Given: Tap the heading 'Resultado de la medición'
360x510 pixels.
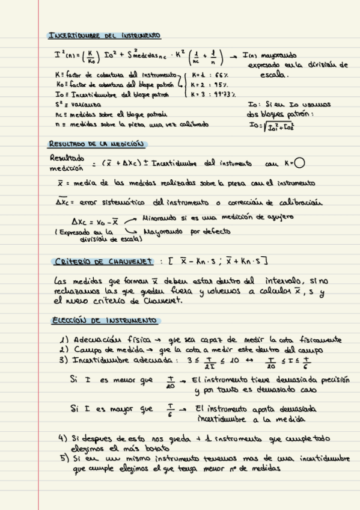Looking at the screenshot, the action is click(x=97, y=144).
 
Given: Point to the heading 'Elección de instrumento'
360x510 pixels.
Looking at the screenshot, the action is click(x=96, y=320).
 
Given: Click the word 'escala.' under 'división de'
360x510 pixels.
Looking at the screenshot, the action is click(x=275, y=75).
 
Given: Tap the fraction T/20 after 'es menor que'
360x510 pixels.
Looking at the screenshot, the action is click(x=170, y=382).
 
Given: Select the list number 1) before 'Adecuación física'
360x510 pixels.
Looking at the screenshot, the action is click(x=64, y=340).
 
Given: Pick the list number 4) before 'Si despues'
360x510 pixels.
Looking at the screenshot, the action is click(x=63, y=438).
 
